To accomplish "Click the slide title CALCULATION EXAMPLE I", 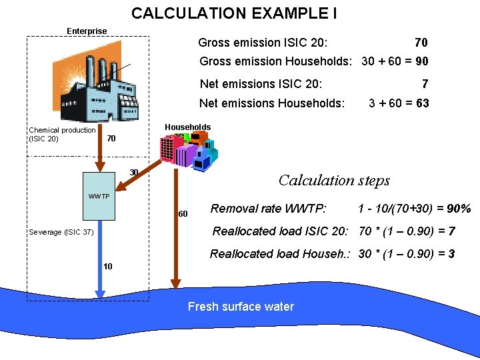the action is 233,13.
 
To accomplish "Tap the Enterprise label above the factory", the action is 87,31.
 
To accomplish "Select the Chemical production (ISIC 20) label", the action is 62,134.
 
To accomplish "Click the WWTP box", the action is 100,195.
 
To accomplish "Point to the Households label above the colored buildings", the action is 187,127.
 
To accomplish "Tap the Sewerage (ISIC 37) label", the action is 61,232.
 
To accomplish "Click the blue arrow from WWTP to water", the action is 100,260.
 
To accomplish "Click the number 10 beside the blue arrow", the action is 108,267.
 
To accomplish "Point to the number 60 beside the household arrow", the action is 183,214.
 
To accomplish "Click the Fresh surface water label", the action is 241,307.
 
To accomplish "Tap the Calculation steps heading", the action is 334,180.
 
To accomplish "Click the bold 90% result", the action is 459,209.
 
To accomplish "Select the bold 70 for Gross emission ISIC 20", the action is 421,43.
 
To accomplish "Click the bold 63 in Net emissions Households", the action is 421,103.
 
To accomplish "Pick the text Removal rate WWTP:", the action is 268,209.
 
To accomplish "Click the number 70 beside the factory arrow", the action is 111,139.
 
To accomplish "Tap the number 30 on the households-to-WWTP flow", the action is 134,173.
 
